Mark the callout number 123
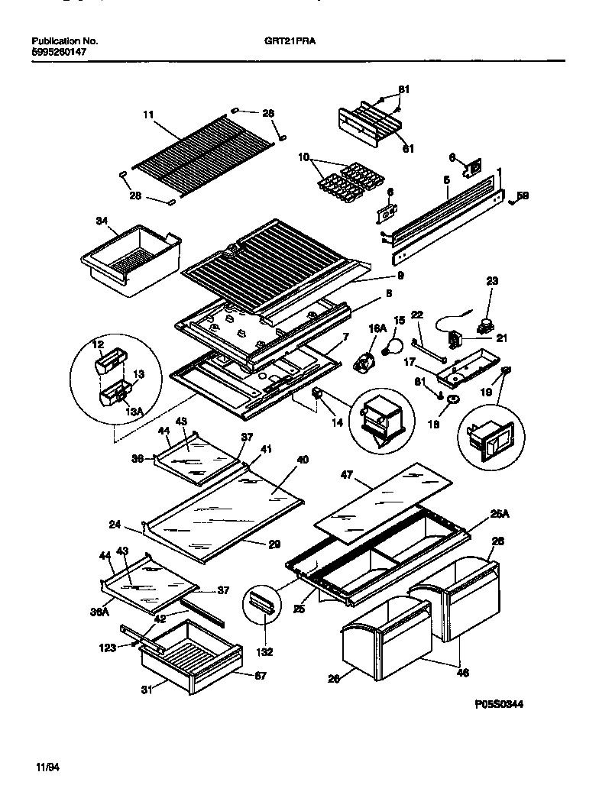110,648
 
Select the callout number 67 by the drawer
261,675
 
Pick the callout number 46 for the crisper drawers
462,673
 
